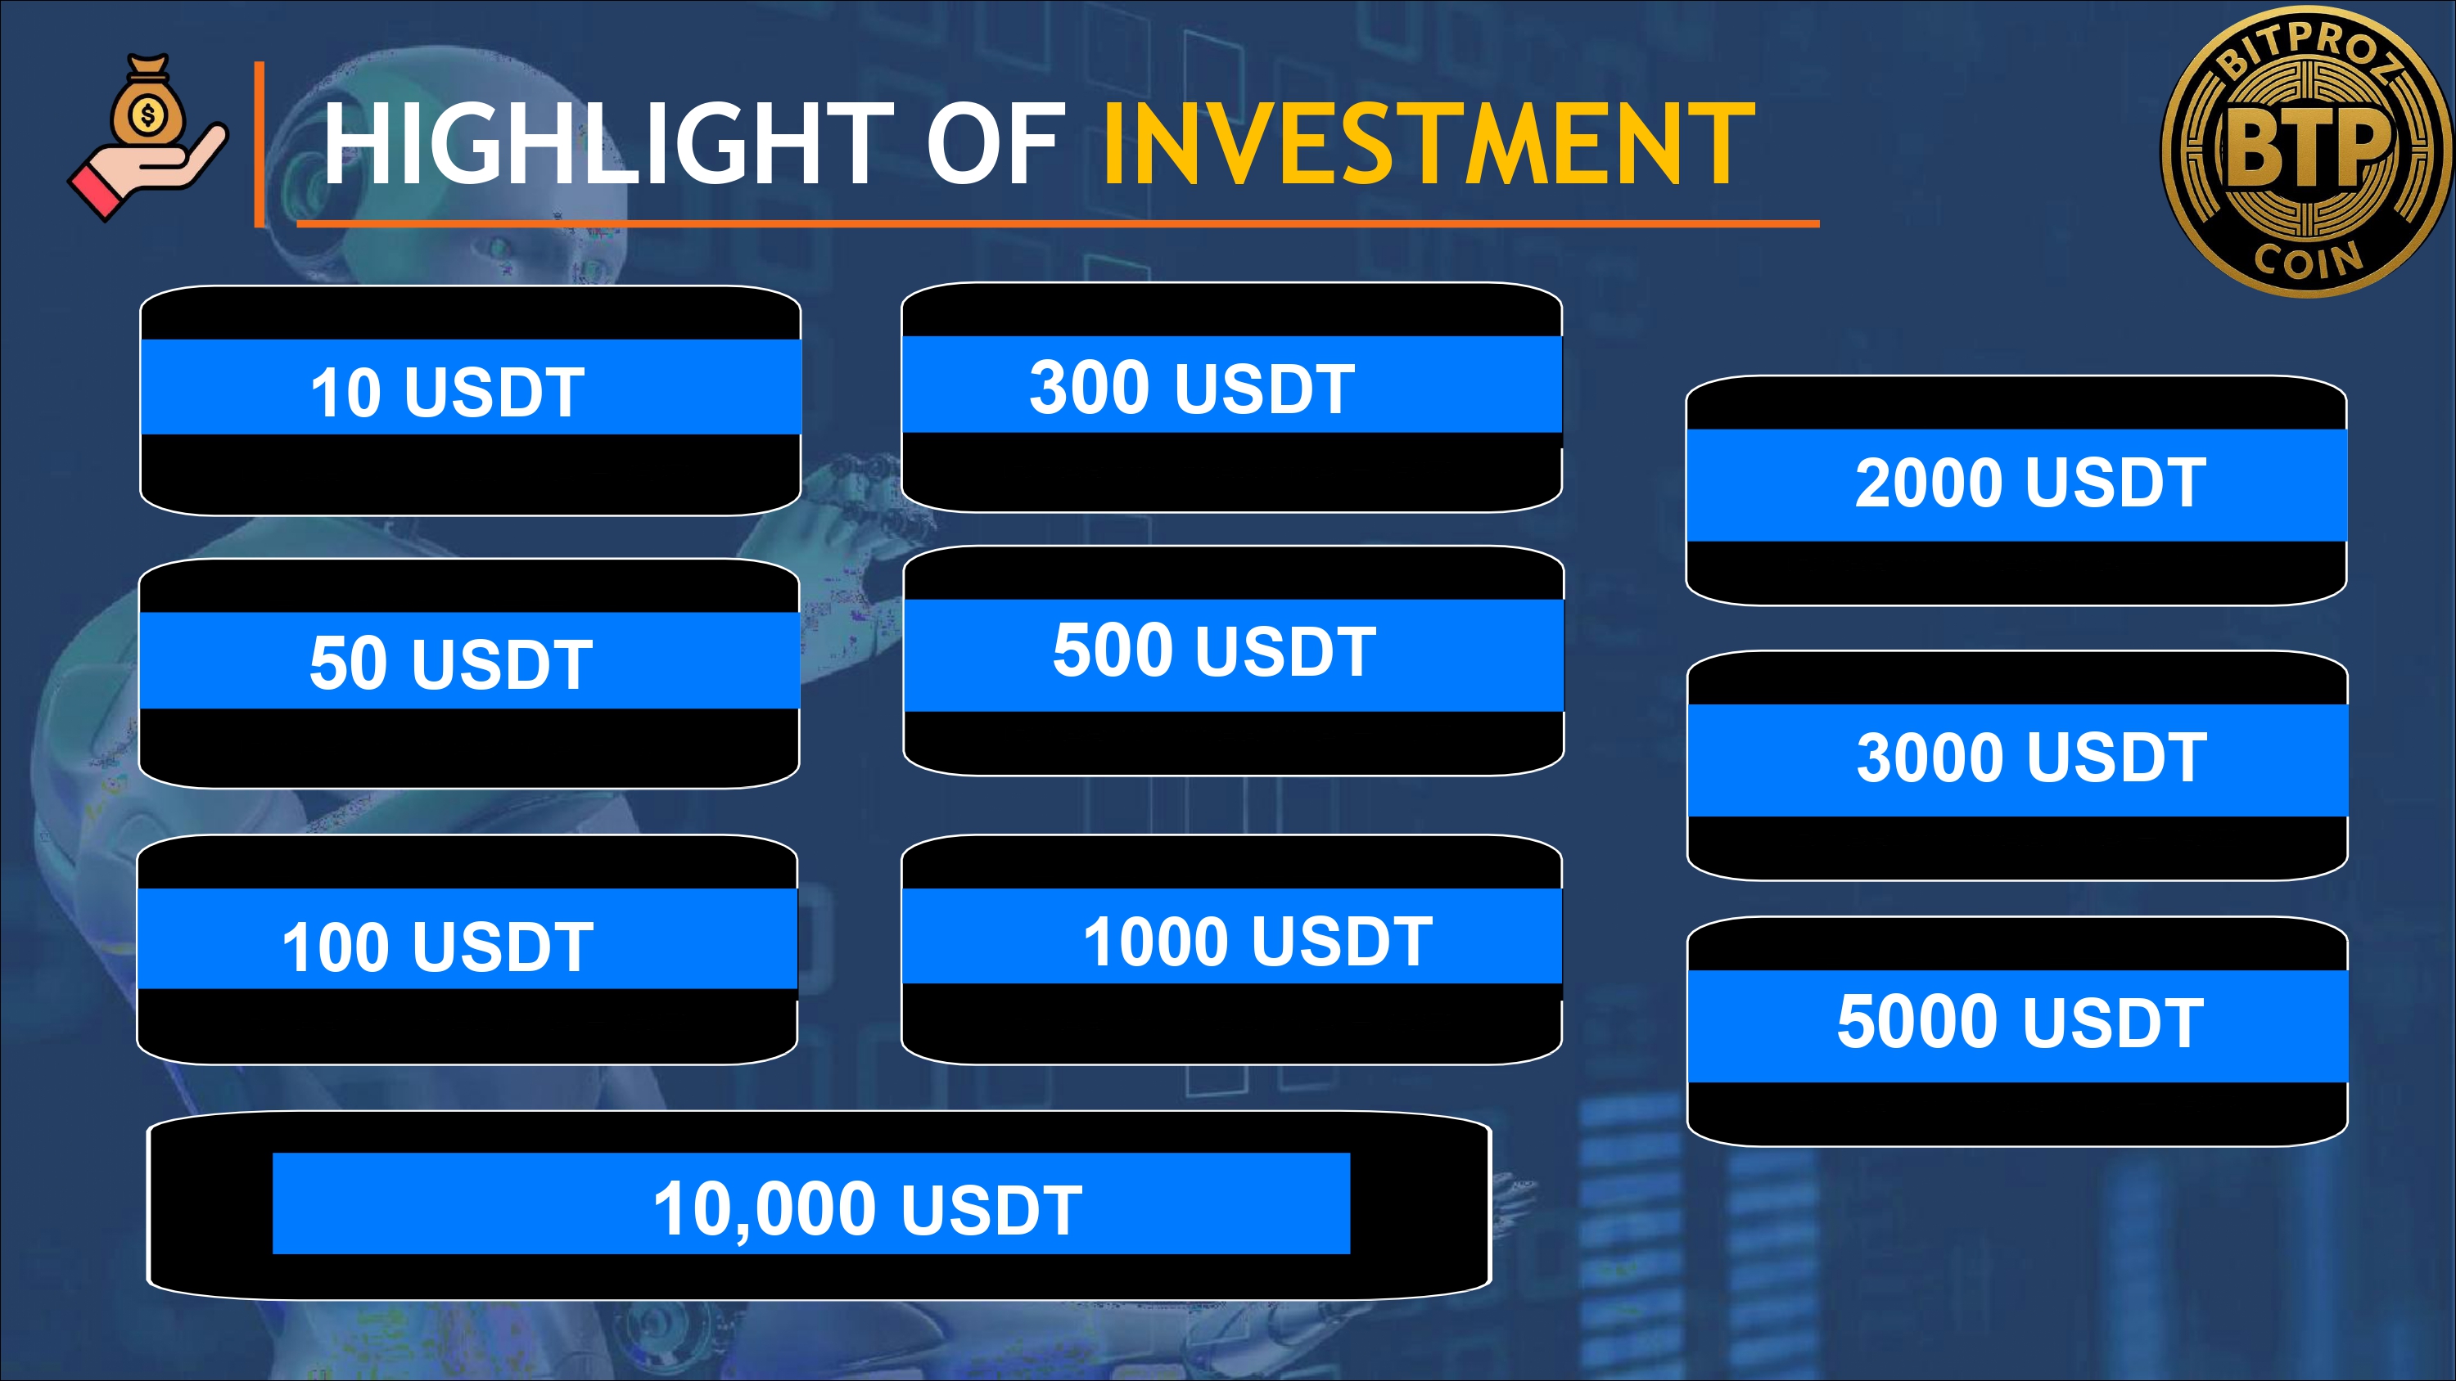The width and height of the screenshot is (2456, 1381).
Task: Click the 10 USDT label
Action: [447, 392]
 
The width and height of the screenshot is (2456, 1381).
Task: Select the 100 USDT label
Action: [438, 947]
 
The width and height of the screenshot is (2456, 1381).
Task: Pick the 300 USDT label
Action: [1192, 388]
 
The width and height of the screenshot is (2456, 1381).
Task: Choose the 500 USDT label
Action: [1215, 651]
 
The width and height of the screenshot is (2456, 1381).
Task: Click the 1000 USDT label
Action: [1257, 941]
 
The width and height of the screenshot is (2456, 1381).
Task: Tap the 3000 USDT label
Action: [2032, 758]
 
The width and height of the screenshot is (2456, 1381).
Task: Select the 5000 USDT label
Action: [2020, 1022]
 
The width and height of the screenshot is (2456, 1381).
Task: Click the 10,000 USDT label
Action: [868, 1208]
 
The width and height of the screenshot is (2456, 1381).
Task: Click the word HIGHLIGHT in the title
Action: [607, 144]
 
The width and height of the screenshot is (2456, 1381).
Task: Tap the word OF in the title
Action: [995, 144]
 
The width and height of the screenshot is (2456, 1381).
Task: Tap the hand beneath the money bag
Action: [148, 172]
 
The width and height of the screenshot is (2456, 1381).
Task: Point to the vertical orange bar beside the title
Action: [260, 144]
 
